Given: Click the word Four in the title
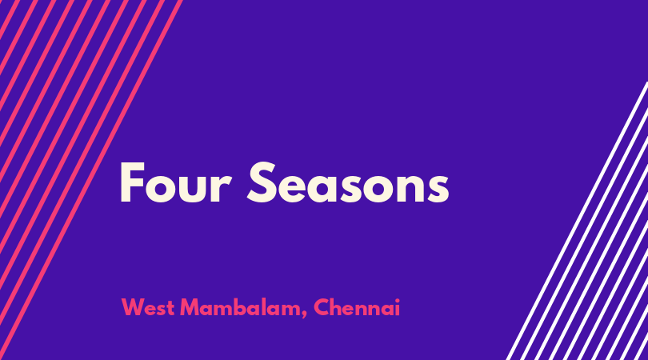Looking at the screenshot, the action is point(175,182).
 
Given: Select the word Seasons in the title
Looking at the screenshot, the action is point(348,182).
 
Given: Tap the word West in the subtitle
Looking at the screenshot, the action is point(147,307).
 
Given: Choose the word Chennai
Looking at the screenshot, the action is point(357,307).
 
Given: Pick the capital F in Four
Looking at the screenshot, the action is point(132,182).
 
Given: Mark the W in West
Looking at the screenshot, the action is point(134,307).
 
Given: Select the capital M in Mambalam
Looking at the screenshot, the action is point(190,307).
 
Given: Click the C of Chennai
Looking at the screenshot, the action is point(322,307).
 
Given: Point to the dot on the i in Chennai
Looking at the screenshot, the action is point(397,301).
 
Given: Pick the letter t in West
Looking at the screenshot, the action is point(170,309).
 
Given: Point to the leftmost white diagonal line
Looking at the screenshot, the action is point(578,221).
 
